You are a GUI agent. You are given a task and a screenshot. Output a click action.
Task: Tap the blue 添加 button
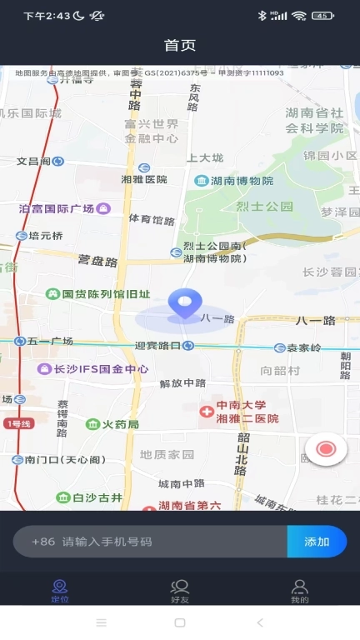[x=317, y=542]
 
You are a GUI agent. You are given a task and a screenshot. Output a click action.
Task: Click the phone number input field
[x=150, y=542]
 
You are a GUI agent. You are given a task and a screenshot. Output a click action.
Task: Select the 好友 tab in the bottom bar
[x=180, y=591]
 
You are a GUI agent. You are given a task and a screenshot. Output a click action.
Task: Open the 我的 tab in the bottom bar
[x=300, y=591]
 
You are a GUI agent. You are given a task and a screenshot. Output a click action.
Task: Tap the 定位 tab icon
[x=60, y=587]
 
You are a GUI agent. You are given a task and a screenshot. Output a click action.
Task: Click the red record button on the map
[x=326, y=449]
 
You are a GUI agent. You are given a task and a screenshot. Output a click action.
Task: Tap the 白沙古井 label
[x=97, y=497]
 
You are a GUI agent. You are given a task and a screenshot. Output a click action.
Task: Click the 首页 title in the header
[x=180, y=45]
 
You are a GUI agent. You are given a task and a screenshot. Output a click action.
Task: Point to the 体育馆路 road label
[x=152, y=220]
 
